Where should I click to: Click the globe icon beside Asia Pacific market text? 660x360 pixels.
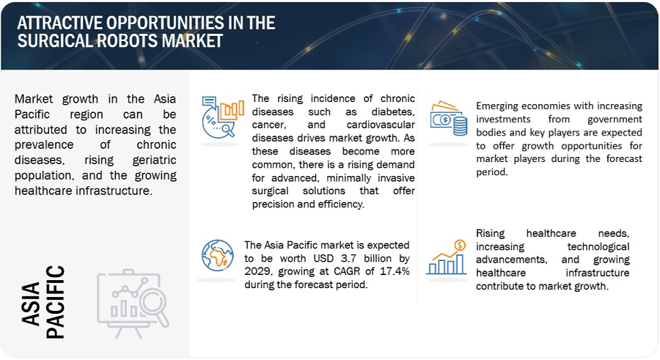coord(217,256)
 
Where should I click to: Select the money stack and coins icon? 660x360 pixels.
coord(448,118)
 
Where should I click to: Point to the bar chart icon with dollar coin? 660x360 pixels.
coord(446,257)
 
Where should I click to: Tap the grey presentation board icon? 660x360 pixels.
coord(133,304)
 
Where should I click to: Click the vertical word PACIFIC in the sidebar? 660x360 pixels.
coord(55,302)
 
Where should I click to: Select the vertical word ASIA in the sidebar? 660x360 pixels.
coord(31,304)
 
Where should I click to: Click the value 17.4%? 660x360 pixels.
coord(395,271)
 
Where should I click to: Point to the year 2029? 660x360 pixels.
coord(258,271)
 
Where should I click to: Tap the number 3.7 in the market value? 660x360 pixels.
coord(348,258)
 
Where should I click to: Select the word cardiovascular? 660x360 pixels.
coord(381,125)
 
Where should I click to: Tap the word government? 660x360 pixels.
coord(615,120)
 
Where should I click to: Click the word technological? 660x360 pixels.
coord(598,246)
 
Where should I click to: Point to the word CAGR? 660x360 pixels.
coord(346,271)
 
